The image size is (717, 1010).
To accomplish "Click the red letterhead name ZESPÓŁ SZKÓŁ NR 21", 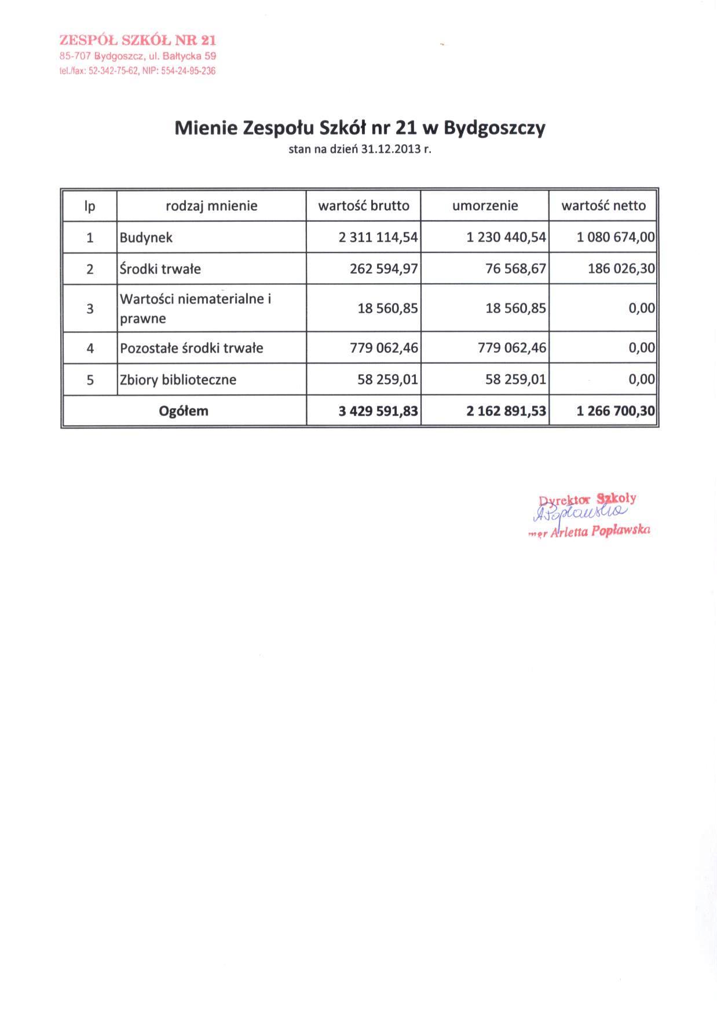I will pyautogui.click(x=137, y=40).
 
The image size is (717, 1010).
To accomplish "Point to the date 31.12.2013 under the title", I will pyautogui.click(x=390, y=149).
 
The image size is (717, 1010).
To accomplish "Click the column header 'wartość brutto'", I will pyautogui.click(x=364, y=206).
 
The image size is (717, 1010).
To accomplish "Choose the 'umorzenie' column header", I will pyautogui.click(x=485, y=206).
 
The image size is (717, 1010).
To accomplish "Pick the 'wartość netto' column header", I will pyautogui.click(x=603, y=206).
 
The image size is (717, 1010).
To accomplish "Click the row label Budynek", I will pyautogui.click(x=146, y=237).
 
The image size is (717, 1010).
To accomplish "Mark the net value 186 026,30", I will pyautogui.click(x=621, y=269).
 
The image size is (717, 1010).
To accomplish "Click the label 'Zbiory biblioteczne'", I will pyautogui.click(x=178, y=380).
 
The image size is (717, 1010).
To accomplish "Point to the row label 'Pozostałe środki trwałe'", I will pyautogui.click(x=191, y=348).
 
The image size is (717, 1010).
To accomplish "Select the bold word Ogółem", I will pyautogui.click(x=184, y=411).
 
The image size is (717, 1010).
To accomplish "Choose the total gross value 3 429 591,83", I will pyautogui.click(x=378, y=411).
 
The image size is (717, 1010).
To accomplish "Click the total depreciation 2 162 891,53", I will pyautogui.click(x=506, y=411).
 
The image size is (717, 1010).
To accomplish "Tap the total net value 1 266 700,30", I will pyautogui.click(x=616, y=411).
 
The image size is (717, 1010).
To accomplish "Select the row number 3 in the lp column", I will pyautogui.click(x=90, y=309).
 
